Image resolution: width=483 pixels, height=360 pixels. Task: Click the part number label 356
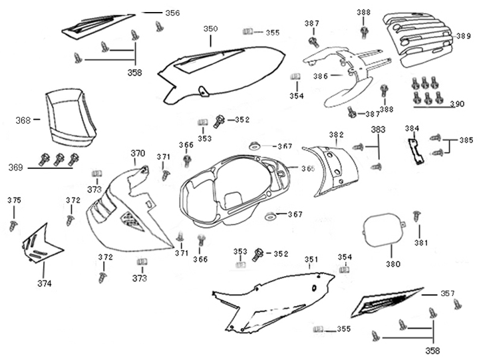coord(172,13)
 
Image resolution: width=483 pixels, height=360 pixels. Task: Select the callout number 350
coord(210,29)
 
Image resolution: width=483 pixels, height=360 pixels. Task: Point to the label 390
coord(456,104)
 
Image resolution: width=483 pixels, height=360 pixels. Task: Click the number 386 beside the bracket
coord(321,77)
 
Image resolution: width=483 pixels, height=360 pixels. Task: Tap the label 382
coord(336,134)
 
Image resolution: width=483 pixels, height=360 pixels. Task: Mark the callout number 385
coord(466,140)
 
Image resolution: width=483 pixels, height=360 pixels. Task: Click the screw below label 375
coord(13,225)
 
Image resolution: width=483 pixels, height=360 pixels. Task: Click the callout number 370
coord(138,154)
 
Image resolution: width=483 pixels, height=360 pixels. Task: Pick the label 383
coord(378,130)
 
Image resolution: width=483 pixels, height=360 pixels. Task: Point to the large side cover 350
coord(226,67)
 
